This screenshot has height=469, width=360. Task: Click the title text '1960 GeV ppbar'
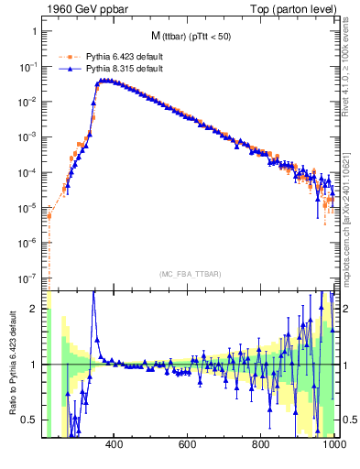(x=79, y=8)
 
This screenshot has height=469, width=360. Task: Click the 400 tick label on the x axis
(x=115, y=446)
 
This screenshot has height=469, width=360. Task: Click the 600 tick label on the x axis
(x=188, y=446)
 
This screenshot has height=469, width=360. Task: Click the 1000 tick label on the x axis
(x=332, y=446)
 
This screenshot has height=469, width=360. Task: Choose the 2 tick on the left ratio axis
(x=37, y=309)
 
